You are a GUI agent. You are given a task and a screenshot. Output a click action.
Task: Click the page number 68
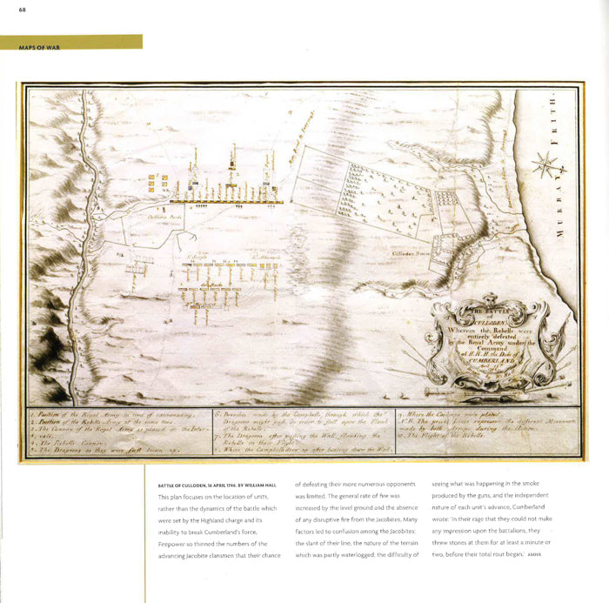[10, 10]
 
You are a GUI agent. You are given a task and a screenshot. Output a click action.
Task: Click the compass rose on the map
[546, 164]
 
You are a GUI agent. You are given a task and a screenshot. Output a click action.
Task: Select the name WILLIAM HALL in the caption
[262, 485]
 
